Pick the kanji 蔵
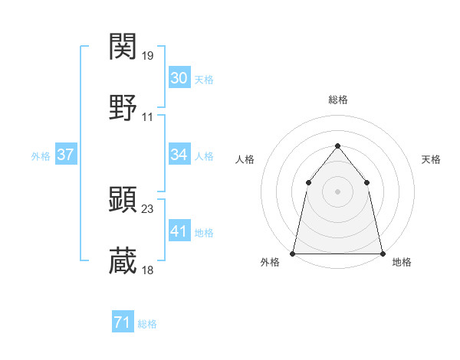click(123, 260)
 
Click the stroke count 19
click(148, 56)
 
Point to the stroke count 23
click(148, 208)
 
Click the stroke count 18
click(148, 270)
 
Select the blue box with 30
click(179, 78)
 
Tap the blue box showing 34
click(179, 155)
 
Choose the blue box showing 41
click(179, 231)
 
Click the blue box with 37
click(66, 155)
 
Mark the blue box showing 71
click(123, 323)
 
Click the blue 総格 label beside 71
click(147, 325)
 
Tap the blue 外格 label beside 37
click(41, 156)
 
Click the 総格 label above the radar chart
click(338, 100)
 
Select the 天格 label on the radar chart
click(431, 159)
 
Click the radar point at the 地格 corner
click(382, 254)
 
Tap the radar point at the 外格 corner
click(294, 254)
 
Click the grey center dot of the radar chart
click(337, 191)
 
